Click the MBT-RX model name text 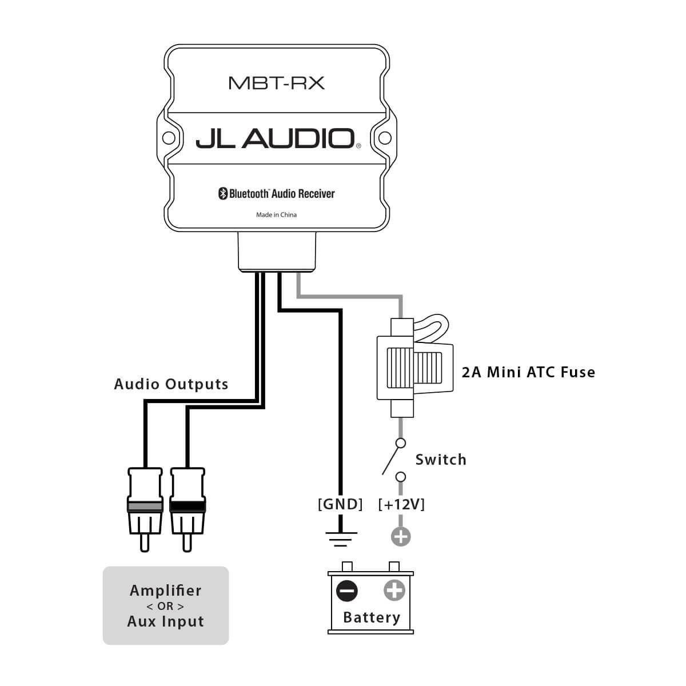[x=276, y=83]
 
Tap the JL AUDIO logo [x=276, y=138]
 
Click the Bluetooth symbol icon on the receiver [x=223, y=194]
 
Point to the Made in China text [x=276, y=215]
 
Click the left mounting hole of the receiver [x=167, y=138]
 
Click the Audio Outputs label [x=171, y=384]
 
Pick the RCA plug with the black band [x=187, y=503]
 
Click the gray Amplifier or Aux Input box [x=166, y=606]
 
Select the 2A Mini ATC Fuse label [x=528, y=372]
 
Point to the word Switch [x=441, y=460]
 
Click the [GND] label [x=340, y=504]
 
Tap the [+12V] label [x=401, y=504]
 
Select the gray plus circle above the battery [x=401, y=536]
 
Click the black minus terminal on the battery [x=347, y=591]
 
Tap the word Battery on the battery [x=372, y=617]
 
